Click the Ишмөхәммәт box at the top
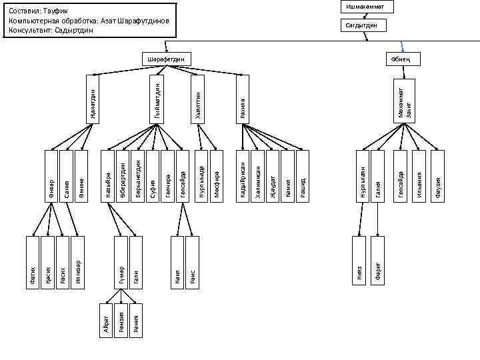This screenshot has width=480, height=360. (x=366, y=7)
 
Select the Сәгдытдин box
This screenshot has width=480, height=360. (x=366, y=25)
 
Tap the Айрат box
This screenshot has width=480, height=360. (x=105, y=320)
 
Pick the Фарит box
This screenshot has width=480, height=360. (x=377, y=262)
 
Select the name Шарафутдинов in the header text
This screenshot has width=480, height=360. (x=145, y=21)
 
